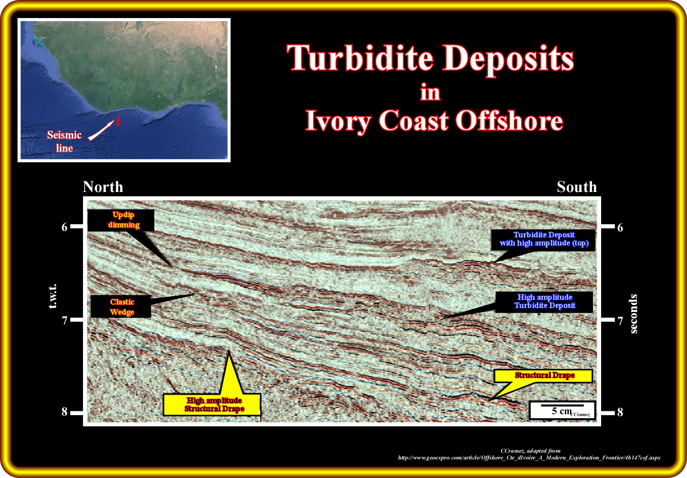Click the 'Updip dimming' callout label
[x=121, y=220]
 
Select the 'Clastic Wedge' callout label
[x=121, y=307]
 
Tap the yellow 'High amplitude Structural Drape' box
[x=212, y=404]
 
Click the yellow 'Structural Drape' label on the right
[x=543, y=376]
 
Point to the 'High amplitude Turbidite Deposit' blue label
[x=545, y=302]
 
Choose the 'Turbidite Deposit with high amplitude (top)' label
[x=543, y=240]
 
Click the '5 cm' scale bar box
[x=562, y=410]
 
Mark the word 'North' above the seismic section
[x=103, y=187]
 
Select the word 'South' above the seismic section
[x=577, y=187]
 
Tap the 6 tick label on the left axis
[x=64, y=227]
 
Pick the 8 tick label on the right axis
[x=620, y=413]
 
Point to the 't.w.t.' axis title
[x=53, y=296]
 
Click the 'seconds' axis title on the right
[x=633, y=314]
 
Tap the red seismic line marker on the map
[x=118, y=121]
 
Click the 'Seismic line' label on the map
[x=64, y=141]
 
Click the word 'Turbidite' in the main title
[x=361, y=58]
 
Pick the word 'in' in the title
[x=430, y=92]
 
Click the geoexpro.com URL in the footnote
[x=529, y=458]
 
